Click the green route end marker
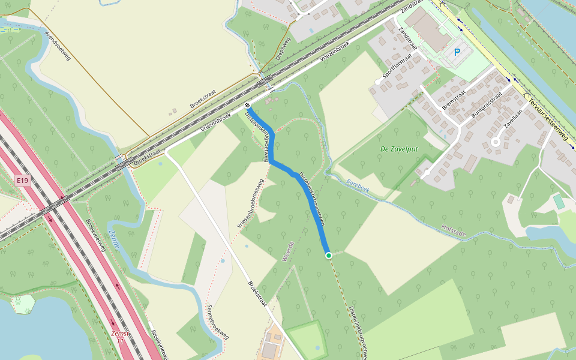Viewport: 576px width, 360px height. coord(329,256)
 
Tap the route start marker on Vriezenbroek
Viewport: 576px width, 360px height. coord(247,106)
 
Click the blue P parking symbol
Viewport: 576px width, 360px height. coord(457,53)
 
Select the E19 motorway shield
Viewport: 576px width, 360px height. coord(23,180)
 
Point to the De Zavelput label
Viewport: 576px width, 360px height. coord(400,148)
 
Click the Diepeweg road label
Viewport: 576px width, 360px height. coord(283,48)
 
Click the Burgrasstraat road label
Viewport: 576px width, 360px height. coord(486,104)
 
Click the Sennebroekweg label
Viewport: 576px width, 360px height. coord(217,323)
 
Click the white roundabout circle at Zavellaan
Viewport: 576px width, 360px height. coord(496,142)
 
